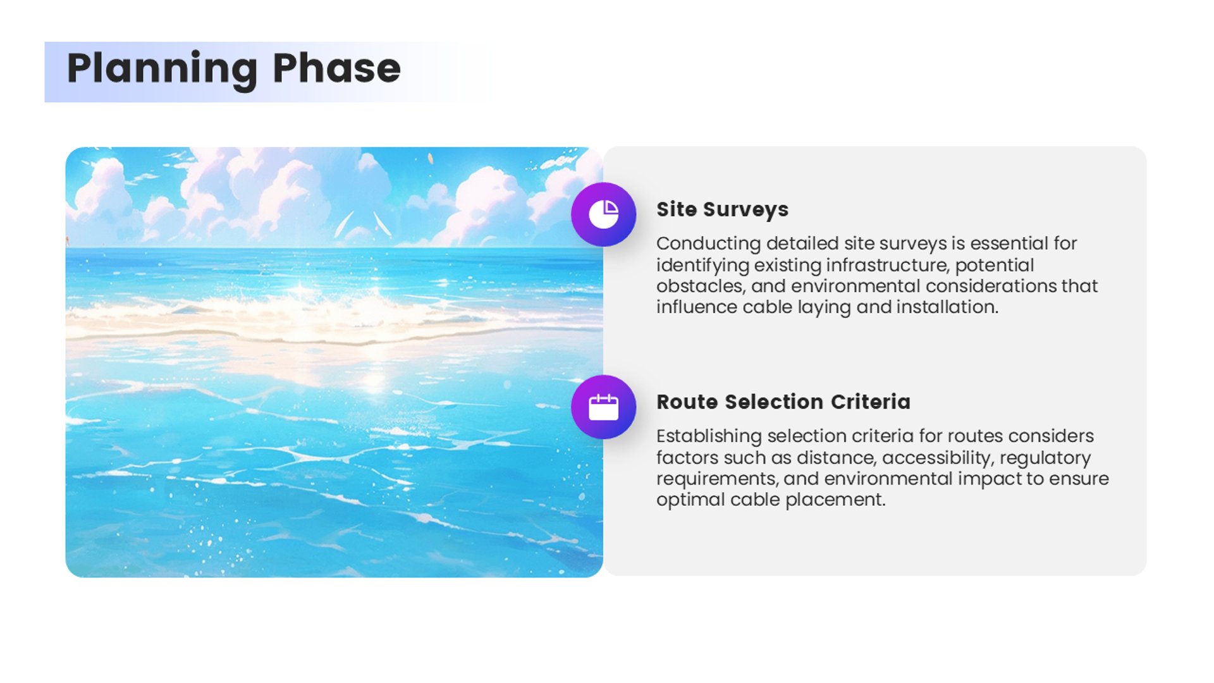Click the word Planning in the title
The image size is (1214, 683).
pyautogui.click(x=162, y=69)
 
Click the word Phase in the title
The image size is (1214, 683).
pyautogui.click(x=336, y=68)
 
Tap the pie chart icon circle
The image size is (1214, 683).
pyautogui.click(x=603, y=214)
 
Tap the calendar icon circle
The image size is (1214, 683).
pyautogui.click(x=603, y=407)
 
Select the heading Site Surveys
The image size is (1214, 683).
pyautogui.click(x=722, y=210)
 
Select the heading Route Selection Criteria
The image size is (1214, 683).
pyautogui.click(x=783, y=402)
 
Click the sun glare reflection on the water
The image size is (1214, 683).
pyautogui.click(x=374, y=379)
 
